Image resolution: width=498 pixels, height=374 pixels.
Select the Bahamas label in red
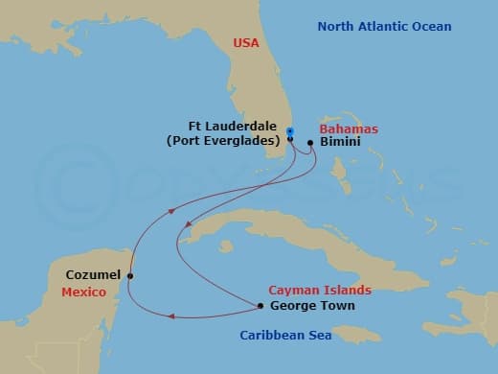pos(350,129)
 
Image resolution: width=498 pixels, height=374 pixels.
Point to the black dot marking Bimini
pos(310,144)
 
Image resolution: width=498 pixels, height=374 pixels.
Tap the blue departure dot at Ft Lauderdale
pos(289,130)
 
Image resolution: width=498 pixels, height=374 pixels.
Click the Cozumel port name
pos(93,275)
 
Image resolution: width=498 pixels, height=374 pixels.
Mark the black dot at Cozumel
pos(130,276)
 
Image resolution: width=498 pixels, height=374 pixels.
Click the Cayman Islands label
pos(320,291)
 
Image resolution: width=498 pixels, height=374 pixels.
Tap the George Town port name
pos(313,306)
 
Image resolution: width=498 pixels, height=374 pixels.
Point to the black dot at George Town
pos(261,307)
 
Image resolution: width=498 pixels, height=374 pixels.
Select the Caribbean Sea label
pos(285,336)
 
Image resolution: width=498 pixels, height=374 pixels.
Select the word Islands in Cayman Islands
pos(349,291)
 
